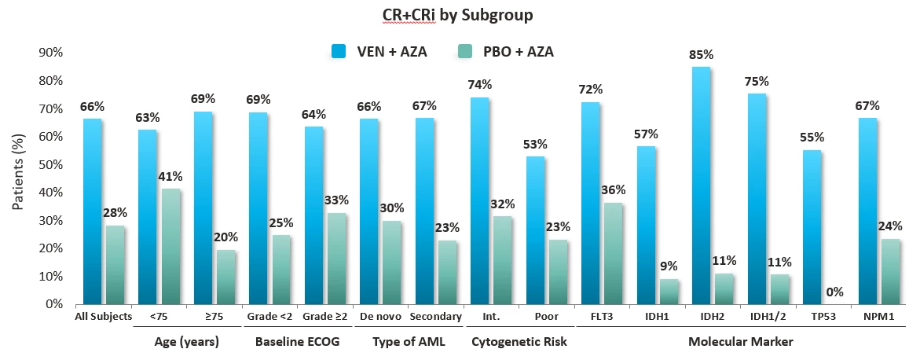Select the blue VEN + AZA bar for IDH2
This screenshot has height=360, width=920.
(701, 186)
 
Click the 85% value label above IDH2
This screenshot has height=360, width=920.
(701, 55)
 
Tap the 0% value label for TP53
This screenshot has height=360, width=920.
(834, 292)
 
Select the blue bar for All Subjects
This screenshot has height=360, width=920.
(93, 211)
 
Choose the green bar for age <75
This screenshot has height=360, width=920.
(170, 246)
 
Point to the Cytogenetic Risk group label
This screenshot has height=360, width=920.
(519, 342)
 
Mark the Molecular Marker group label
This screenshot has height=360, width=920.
(740, 342)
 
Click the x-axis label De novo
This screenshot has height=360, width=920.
(380, 317)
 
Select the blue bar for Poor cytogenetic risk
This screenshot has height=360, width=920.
(535, 230)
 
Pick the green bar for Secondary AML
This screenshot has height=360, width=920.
(448, 272)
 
